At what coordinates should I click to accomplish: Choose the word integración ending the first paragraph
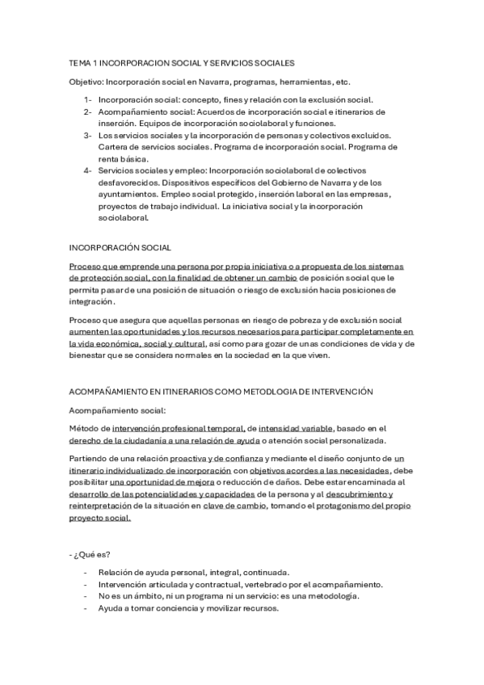tap(91, 301)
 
